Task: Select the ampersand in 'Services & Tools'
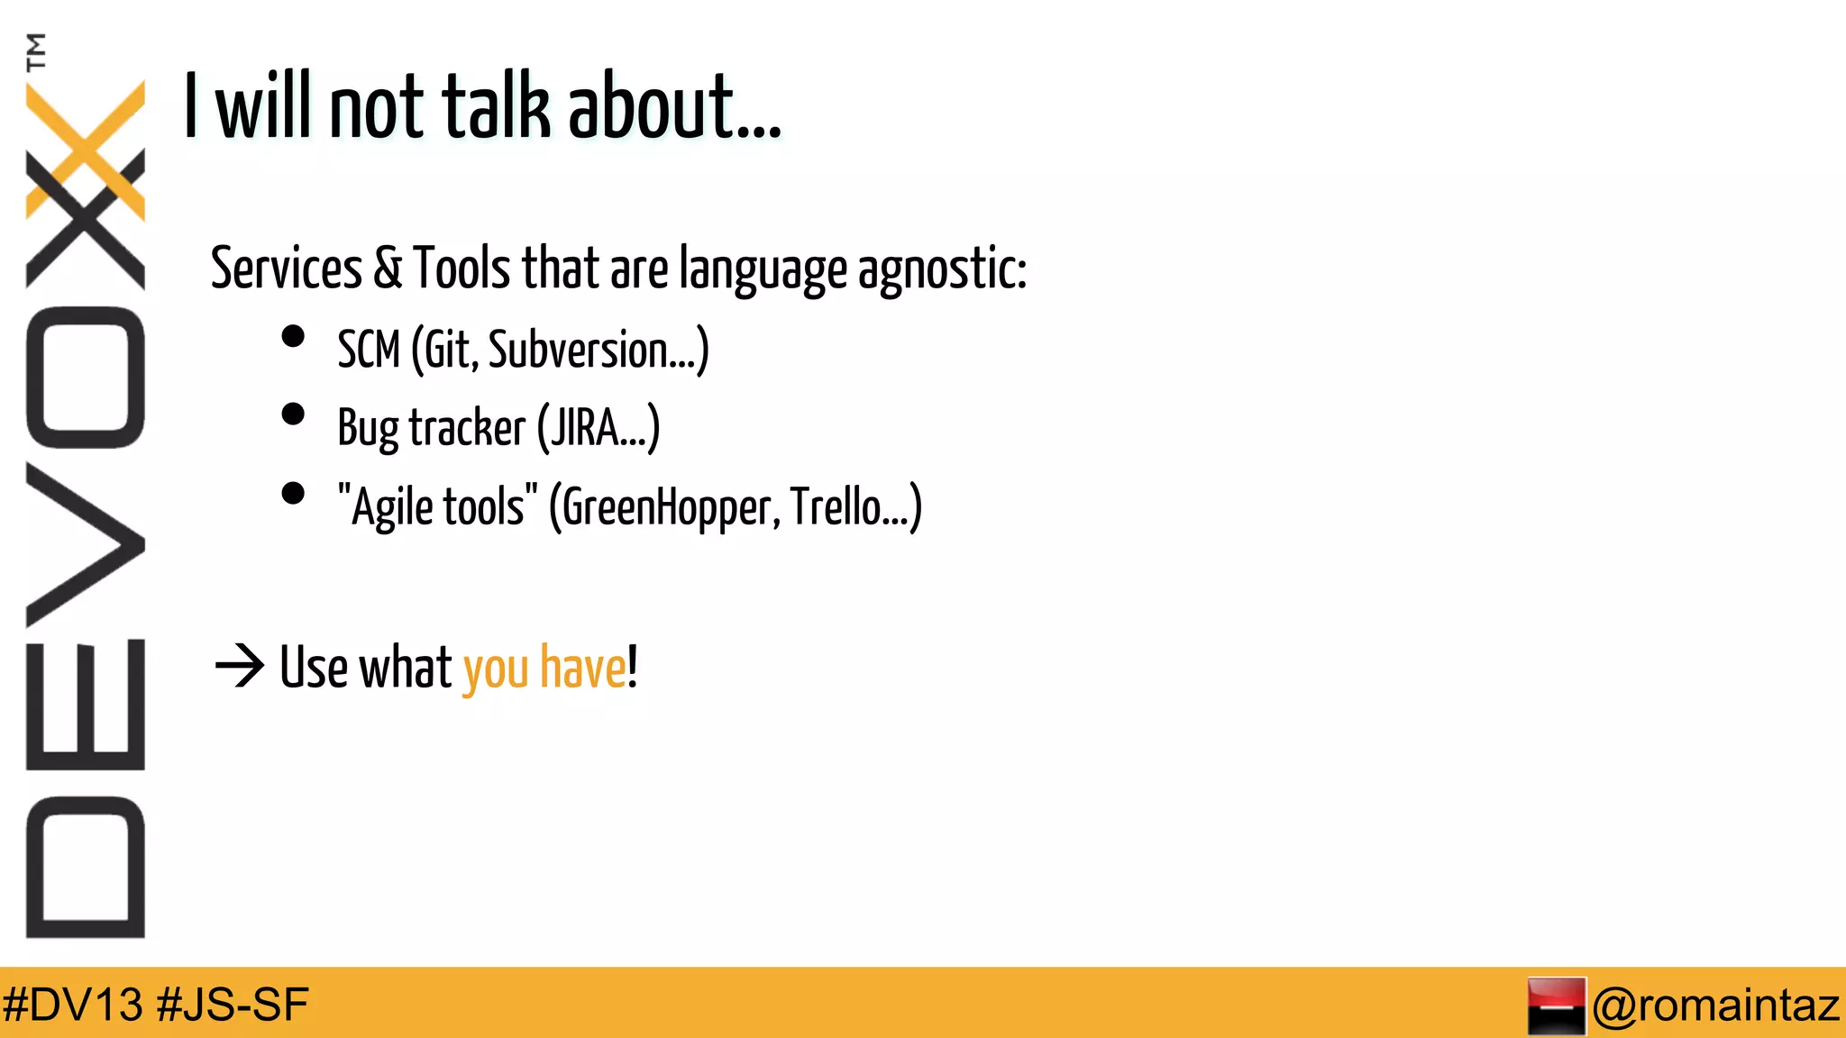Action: pyautogui.click(x=388, y=268)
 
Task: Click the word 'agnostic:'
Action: pyautogui.click(x=942, y=269)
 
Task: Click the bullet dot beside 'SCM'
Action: pyautogui.click(x=293, y=336)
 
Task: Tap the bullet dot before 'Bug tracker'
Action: pyautogui.click(x=293, y=414)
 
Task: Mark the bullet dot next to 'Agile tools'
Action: pyautogui.click(x=293, y=493)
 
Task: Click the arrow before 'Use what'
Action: pyautogui.click(x=240, y=667)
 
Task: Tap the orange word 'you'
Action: pyautogui.click(x=496, y=669)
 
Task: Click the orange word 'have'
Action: pyautogui.click(x=582, y=668)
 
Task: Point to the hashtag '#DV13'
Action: pyautogui.click(x=73, y=1005)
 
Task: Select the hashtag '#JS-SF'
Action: pyautogui.click(x=233, y=1005)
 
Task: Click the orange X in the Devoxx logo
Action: pyautogui.click(x=87, y=150)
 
